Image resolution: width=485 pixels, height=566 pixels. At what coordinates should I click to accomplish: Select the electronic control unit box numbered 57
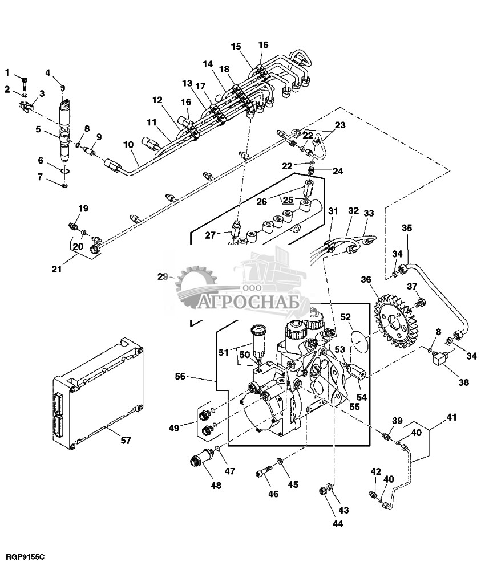click(97, 393)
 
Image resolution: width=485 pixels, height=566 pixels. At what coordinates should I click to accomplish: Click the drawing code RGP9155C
click(26, 555)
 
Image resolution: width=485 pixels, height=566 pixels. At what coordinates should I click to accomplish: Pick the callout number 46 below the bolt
click(273, 494)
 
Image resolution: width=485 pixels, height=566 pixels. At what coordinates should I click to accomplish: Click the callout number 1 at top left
click(8, 72)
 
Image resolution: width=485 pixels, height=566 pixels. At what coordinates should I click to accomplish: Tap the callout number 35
click(406, 229)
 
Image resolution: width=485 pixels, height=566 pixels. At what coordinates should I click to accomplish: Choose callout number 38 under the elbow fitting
click(464, 382)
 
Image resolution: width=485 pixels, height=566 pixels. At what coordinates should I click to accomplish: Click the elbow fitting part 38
click(439, 359)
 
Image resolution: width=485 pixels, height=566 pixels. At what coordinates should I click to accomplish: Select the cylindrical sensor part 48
click(201, 457)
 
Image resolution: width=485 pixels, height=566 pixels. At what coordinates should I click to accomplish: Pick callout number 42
click(375, 471)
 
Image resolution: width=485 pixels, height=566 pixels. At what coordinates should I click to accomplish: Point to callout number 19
click(83, 209)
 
